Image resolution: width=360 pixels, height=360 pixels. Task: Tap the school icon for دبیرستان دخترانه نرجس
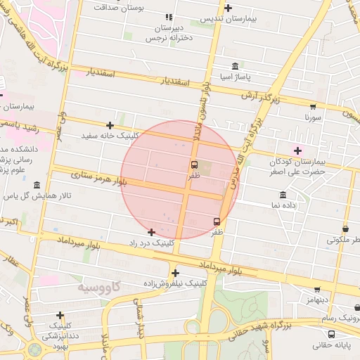click(x=168, y=17)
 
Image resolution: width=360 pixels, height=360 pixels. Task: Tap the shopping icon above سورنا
click(x=313, y=107)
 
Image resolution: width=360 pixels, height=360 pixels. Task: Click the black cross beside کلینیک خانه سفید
click(x=110, y=125)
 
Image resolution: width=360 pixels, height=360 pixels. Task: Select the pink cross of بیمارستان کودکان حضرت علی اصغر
click(x=297, y=150)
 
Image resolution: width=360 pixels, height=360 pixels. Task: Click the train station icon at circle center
click(x=194, y=165)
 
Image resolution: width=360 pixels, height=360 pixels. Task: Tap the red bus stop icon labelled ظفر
click(x=217, y=221)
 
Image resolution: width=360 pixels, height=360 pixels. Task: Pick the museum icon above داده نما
click(x=283, y=195)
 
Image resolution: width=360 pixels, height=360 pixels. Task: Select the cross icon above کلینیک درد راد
click(x=151, y=231)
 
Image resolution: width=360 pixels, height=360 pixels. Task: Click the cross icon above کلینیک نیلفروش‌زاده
click(x=175, y=273)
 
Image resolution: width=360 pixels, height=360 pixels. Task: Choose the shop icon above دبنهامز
click(x=317, y=289)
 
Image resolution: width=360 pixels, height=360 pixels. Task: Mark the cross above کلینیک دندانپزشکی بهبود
click(x=60, y=316)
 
